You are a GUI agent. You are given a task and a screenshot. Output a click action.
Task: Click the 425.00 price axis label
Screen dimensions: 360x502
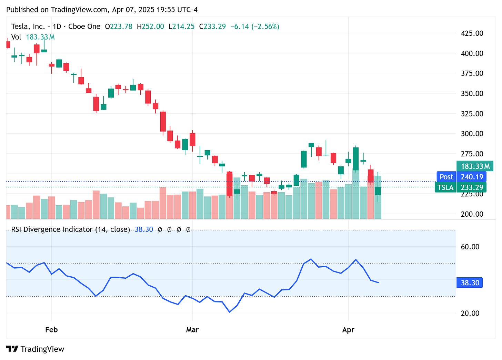[x=472, y=33]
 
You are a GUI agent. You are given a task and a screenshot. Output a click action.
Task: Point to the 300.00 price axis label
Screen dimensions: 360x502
[x=472, y=134]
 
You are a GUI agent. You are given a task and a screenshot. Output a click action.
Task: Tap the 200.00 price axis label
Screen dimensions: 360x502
[x=472, y=214]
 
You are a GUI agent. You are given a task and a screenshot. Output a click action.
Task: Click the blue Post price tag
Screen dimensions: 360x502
[x=446, y=177]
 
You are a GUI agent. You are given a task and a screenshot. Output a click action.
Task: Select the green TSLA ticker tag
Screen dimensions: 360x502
[x=445, y=187]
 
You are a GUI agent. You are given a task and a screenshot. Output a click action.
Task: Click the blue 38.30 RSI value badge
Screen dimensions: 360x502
[x=470, y=283]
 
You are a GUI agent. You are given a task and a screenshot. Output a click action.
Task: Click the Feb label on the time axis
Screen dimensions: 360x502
[x=51, y=330]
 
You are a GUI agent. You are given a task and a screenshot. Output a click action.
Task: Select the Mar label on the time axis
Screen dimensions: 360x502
[x=192, y=330]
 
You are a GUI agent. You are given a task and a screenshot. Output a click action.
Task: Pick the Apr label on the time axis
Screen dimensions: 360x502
[x=348, y=330]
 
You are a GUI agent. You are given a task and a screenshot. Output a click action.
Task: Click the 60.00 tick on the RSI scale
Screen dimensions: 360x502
[x=470, y=247]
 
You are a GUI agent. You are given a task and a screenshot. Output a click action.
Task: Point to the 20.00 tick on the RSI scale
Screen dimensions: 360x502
[x=470, y=313]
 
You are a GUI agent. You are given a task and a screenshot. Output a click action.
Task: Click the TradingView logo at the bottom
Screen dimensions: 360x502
[x=36, y=349]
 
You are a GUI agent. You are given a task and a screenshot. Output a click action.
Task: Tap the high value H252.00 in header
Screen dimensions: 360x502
[x=150, y=27]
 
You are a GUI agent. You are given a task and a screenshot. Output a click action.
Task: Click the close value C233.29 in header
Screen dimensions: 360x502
[x=212, y=27]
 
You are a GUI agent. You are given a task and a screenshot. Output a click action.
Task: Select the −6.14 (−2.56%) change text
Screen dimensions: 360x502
[x=255, y=27]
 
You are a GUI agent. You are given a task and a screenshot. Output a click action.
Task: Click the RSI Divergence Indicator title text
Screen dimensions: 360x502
[x=70, y=229]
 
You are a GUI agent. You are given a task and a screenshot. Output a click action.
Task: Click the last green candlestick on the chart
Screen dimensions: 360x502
[x=378, y=191]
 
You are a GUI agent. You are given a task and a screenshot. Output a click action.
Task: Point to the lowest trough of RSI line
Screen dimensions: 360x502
[x=230, y=312]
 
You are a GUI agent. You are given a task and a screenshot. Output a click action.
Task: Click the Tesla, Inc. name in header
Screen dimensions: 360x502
[x=28, y=27]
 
